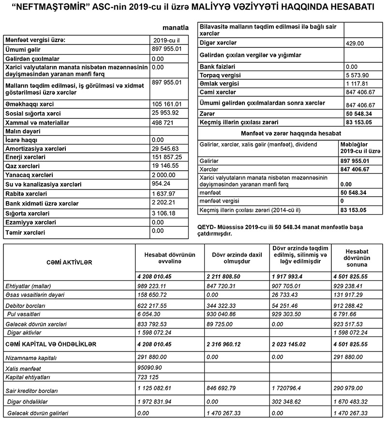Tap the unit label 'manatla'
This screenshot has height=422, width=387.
176,29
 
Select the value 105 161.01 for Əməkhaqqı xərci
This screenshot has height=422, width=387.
166,103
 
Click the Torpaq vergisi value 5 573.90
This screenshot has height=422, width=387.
358,75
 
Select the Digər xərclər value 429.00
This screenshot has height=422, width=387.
355,43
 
